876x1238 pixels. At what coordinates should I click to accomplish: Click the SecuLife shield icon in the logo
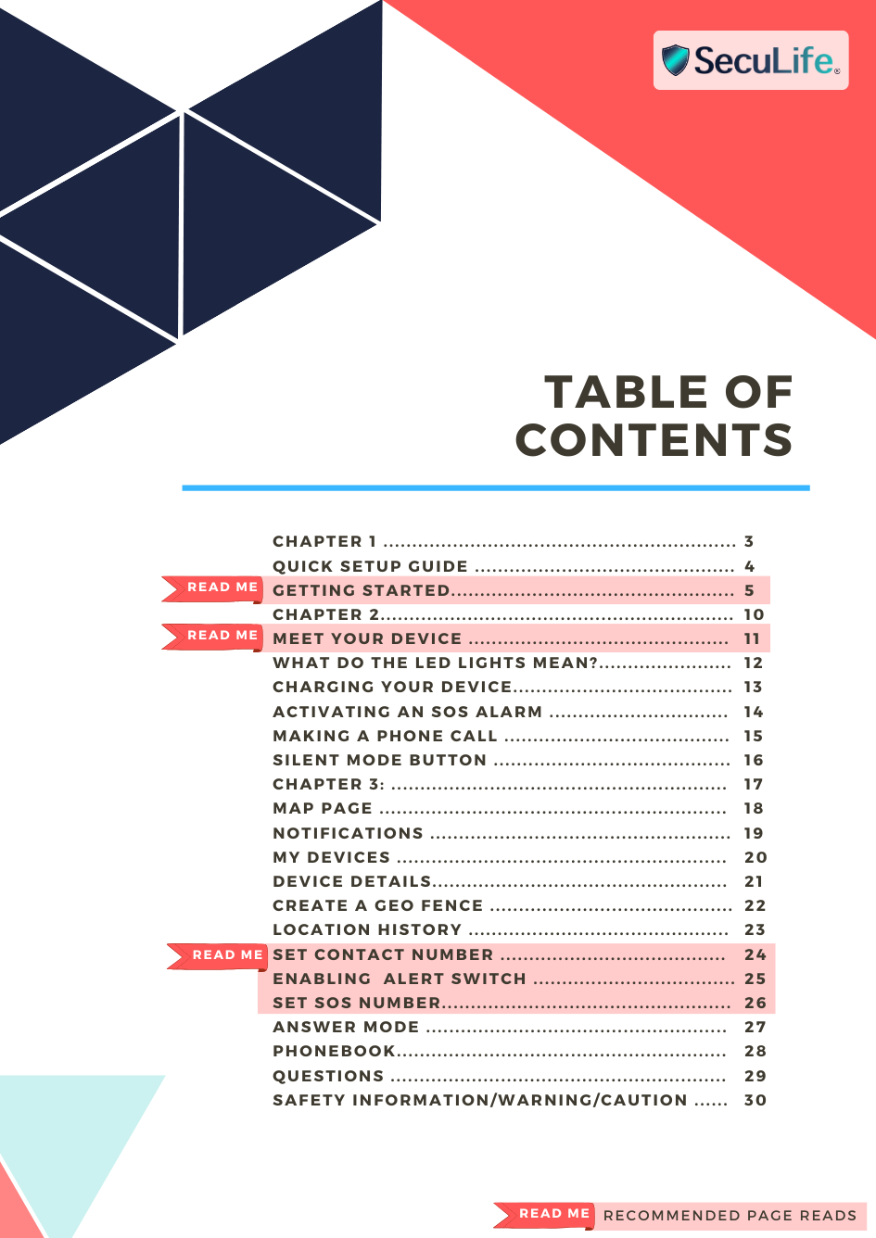click(676, 60)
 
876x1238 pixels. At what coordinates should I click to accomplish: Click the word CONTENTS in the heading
click(654, 440)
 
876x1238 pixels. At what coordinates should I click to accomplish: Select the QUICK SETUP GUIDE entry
click(370, 566)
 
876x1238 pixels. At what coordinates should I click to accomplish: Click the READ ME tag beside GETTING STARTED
click(220, 587)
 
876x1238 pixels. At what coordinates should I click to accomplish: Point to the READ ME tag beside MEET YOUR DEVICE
click(220, 636)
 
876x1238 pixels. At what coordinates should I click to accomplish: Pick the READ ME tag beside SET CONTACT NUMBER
click(225, 955)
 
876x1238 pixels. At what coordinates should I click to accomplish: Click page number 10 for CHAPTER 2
click(754, 614)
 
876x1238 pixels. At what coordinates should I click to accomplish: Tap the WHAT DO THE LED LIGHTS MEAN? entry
click(436, 663)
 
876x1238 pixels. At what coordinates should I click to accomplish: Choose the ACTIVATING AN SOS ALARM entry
click(407, 712)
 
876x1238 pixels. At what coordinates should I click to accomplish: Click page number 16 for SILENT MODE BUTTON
click(754, 760)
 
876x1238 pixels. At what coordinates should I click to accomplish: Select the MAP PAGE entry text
click(323, 808)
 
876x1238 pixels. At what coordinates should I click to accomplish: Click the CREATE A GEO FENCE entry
click(377, 905)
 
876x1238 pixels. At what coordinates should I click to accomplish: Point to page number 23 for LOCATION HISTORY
click(755, 929)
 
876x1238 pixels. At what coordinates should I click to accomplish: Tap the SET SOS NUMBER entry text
click(357, 1003)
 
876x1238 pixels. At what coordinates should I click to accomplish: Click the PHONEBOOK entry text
click(334, 1051)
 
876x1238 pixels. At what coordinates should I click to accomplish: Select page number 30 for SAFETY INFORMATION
click(755, 1100)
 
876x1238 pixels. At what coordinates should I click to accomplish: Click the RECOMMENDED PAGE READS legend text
click(730, 1215)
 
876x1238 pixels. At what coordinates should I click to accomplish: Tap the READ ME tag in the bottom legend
click(552, 1214)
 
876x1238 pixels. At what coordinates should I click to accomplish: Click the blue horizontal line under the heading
click(496, 487)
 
